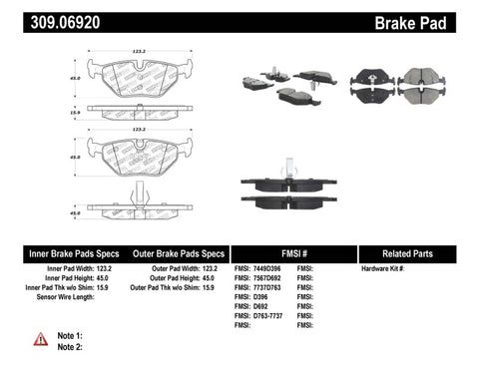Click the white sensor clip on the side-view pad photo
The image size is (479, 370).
(x=286, y=167)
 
